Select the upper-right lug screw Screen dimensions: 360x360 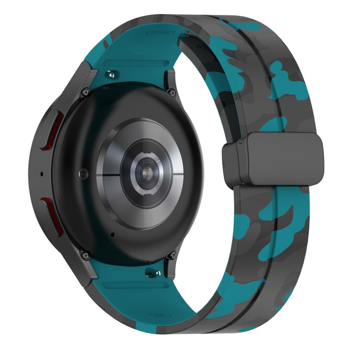tap(171, 92)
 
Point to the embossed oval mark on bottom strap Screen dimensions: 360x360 tap(159, 315)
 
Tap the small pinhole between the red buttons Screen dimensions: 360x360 tap(41, 174)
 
